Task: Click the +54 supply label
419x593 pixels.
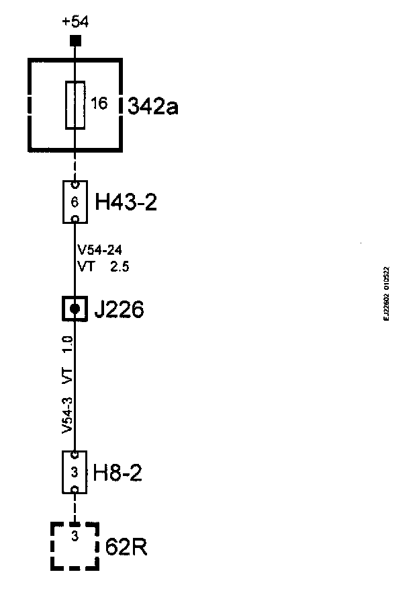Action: (75, 22)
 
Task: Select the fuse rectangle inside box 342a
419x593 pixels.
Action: (75, 105)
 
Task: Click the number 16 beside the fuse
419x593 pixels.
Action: (99, 104)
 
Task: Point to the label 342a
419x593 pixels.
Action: (153, 106)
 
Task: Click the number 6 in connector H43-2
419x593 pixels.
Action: (75, 202)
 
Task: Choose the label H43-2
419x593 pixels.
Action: (126, 202)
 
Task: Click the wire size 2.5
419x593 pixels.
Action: (120, 266)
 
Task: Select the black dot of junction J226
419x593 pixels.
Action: (75, 309)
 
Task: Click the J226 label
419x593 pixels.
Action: (119, 311)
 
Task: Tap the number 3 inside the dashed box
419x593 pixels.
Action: (75, 537)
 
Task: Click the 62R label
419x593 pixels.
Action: (127, 547)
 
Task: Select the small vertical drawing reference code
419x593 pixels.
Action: (387, 295)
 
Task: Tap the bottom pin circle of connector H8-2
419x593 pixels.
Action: (75, 489)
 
